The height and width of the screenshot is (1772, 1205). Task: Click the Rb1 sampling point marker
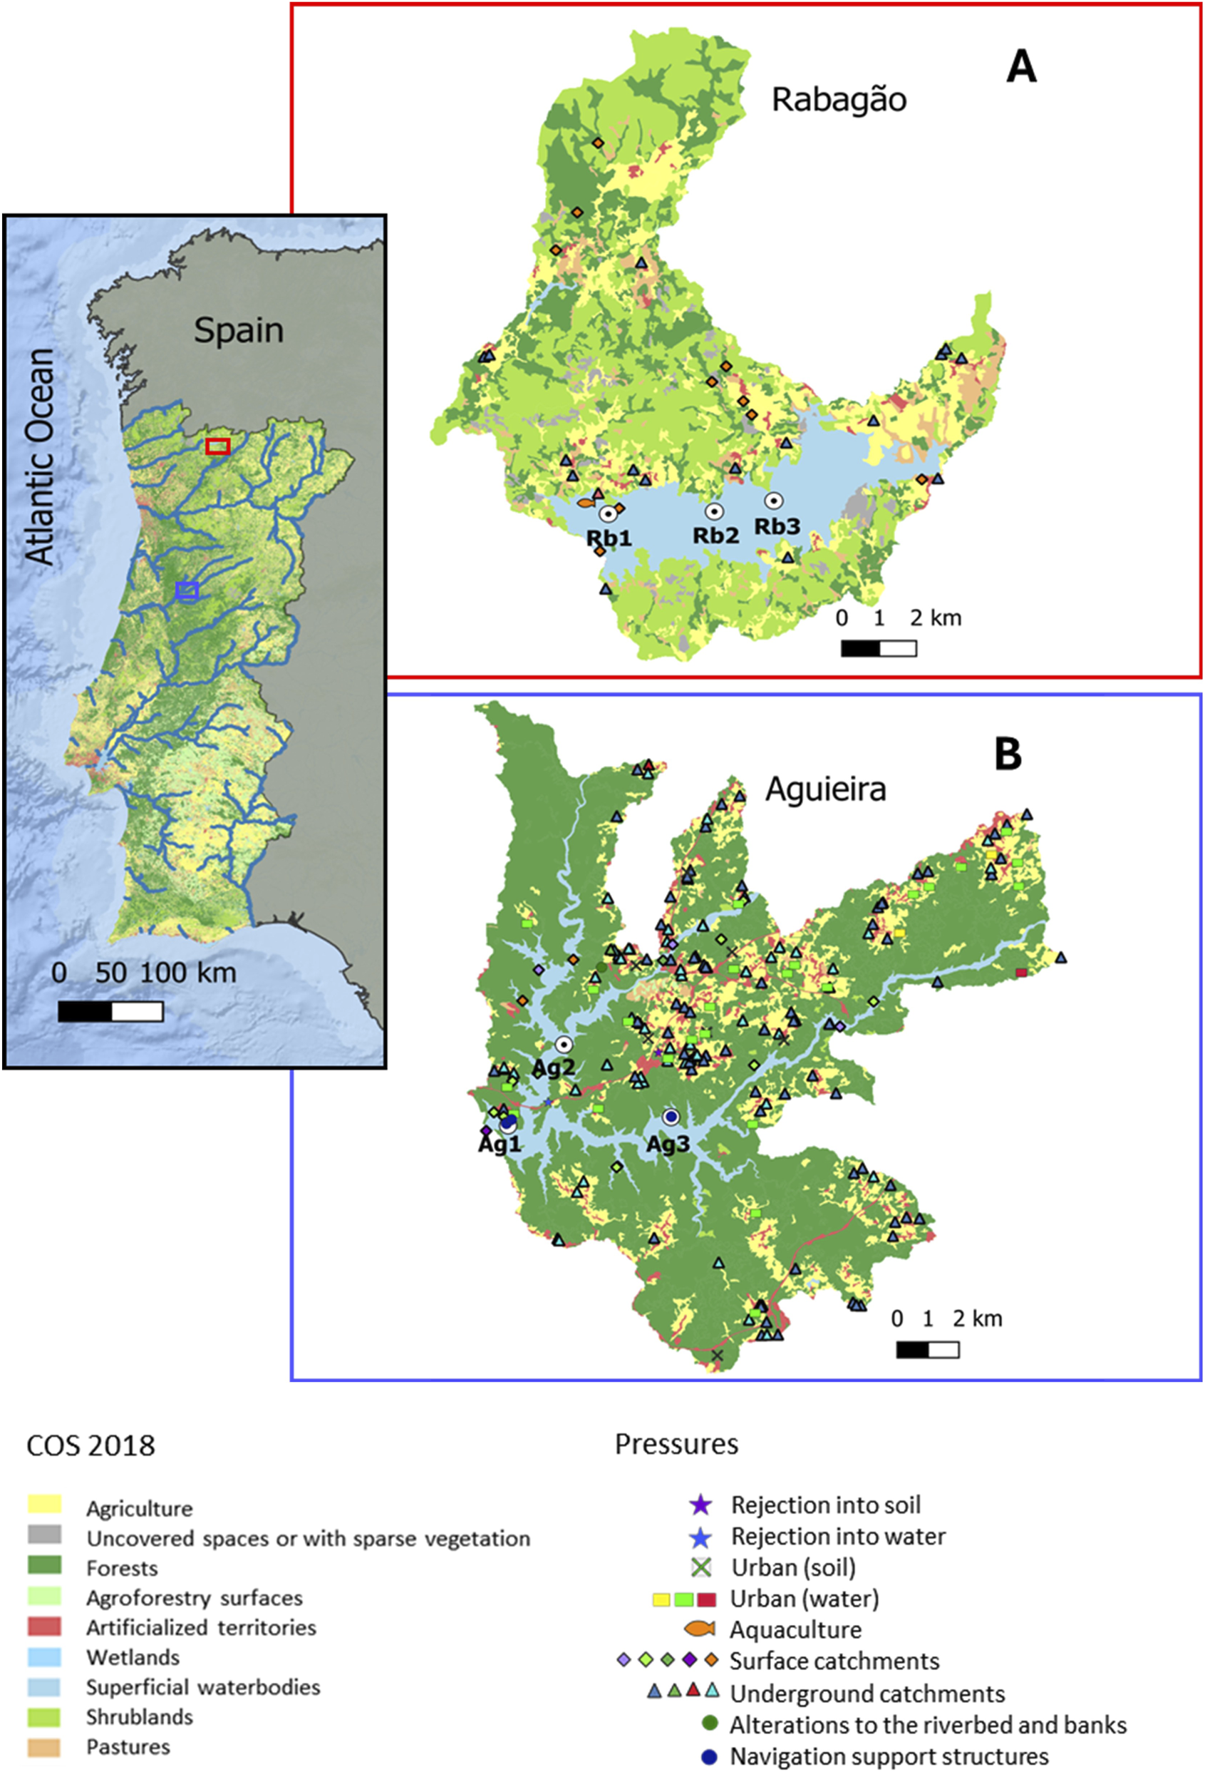[607, 514]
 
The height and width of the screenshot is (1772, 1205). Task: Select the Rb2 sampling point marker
[714, 511]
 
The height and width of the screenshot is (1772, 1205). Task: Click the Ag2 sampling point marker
[563, 1045]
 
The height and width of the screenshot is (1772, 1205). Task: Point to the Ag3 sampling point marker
[671, 1117]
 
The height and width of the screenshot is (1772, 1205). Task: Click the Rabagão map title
[839, 100]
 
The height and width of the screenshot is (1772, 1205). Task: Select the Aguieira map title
[825, 789]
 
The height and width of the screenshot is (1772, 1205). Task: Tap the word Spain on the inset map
[239, 330]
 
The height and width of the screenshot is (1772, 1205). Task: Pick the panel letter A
[1021, 67]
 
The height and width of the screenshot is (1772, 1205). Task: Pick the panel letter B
[1008, 754]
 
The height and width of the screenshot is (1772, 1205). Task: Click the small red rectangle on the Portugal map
[218, 446]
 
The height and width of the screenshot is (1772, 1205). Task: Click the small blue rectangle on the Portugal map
[187, 590]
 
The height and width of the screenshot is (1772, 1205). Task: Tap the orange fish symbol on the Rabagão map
[585, 503]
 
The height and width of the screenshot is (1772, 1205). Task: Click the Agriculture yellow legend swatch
[44, 1505]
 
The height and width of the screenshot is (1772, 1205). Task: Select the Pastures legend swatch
[44, 1743]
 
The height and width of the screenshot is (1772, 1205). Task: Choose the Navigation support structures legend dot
[710, 1756]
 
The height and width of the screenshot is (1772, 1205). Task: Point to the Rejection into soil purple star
[700, 1505]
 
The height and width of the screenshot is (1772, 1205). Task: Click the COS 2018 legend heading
[90, 1445]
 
